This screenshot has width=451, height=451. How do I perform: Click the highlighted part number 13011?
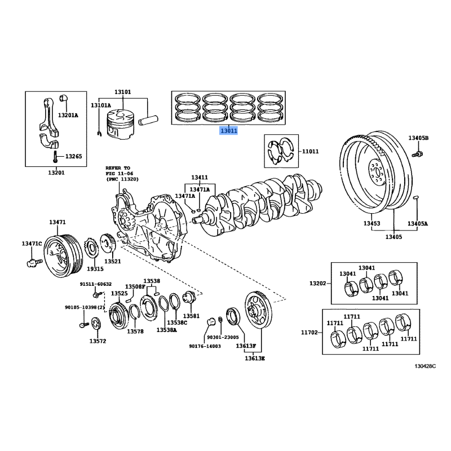click(x=229, y=131)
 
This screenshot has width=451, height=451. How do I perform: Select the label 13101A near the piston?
click(x=101, y=105)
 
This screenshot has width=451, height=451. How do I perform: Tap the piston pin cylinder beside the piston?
click(x=148, y=120)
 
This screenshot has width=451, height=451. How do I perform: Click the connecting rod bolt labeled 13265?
click(x=55, y=157)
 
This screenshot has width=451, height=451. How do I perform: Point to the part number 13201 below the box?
click(x=56, y=173)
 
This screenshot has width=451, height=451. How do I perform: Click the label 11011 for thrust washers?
click(x=310, y=151)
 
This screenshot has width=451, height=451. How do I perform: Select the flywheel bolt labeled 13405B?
click(x=417, y=153)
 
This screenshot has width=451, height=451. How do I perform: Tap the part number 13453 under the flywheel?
click(x=372, y=223)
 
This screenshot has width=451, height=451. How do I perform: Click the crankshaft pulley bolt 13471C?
click(x=34, y=262)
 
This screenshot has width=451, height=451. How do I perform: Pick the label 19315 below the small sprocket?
click(x=95, y=269)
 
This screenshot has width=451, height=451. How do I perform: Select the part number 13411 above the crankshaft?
click(x=200, y=178)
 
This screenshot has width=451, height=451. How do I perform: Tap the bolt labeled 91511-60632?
click(x=98, y=294)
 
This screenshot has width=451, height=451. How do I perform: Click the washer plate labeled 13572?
click(x=96, y=324)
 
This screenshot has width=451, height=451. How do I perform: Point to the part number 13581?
click(x=191, y=316)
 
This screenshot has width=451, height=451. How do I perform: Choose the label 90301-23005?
click(x=223, y=337)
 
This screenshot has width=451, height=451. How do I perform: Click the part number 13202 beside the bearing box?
click(x=317, y=284)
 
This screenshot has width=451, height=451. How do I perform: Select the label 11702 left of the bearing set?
click(x=309, y=333)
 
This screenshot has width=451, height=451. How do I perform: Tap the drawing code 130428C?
click(x=425, y=366)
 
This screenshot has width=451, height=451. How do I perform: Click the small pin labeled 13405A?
click(x=416, y=197)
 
